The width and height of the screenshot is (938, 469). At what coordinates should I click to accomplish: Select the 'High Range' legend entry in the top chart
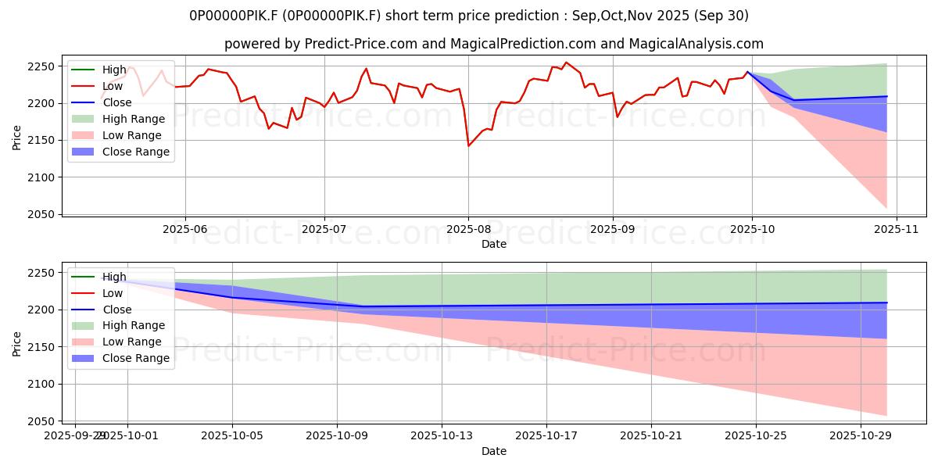(134, 119)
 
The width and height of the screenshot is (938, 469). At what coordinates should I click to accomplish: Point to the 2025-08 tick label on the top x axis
(468, 229)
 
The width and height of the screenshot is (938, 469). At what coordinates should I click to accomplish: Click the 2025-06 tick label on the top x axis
(184, 229)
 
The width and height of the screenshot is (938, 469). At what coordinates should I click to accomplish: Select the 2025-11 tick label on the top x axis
(896, 229)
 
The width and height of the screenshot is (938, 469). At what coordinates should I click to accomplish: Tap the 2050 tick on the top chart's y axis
(42, 215)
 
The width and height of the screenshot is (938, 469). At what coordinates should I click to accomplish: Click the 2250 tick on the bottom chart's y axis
(42, 273)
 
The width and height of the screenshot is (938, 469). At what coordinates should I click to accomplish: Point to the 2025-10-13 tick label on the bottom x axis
(442, 435)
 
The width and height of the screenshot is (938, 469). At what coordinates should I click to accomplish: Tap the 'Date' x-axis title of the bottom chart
(493, 451)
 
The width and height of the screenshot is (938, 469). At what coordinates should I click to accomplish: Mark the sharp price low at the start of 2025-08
(468, 146)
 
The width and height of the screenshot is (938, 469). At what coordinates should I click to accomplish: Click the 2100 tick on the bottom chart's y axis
(42, 384)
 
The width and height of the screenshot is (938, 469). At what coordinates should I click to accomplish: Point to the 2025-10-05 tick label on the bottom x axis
(232, 435)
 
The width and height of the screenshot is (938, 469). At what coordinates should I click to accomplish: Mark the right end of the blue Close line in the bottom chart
(886, 303)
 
